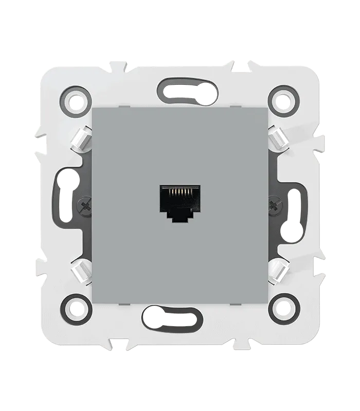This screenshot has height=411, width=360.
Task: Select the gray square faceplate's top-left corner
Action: pos(93,109)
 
